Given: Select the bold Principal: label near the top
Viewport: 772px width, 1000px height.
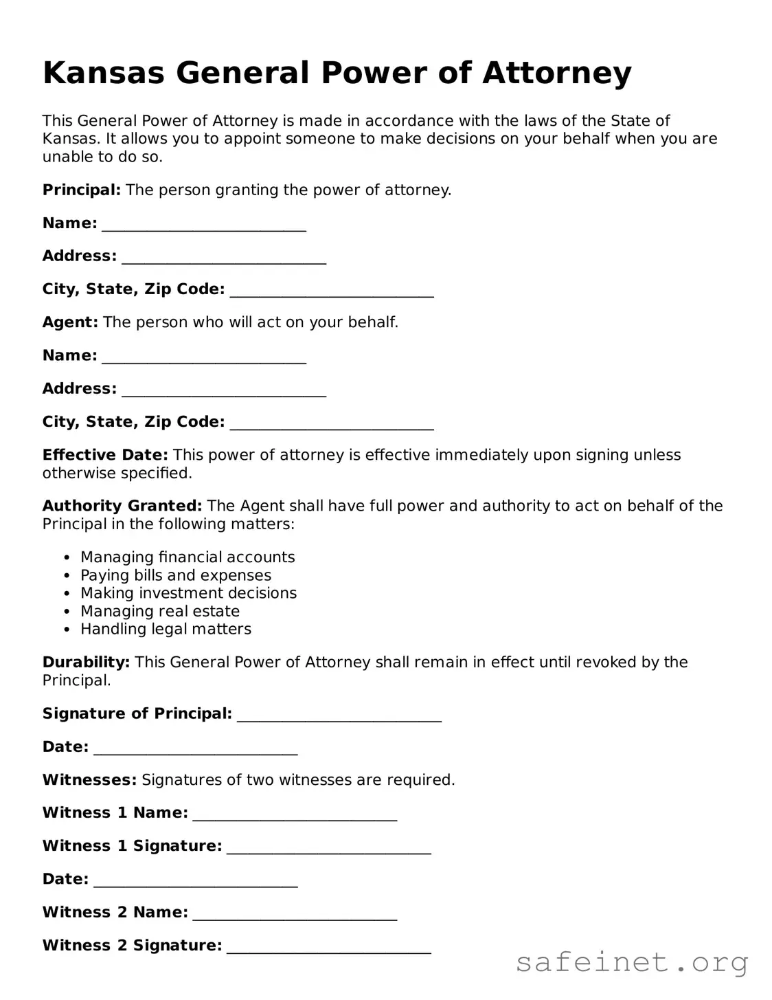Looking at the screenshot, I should pos(82,190).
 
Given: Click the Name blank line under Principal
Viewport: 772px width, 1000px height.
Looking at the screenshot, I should pos(204,227).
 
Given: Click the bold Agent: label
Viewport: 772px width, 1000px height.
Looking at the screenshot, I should pos(70,322).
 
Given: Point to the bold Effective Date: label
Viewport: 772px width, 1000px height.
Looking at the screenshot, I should pos(105,455).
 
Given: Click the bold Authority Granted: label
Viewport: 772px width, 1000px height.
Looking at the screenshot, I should pos(122,506).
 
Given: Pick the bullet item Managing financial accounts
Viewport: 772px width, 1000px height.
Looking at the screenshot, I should pos(188,557).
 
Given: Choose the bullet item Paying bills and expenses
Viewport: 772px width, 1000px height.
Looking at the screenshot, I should pos(176,575).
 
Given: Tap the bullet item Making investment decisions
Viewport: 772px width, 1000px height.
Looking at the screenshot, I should pos(188,593).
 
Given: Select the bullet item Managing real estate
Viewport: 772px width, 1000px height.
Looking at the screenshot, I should pos(160,611).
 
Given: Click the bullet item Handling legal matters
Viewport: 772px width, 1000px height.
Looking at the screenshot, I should pos(166,629).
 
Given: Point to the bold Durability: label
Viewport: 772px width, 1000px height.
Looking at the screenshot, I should pos(86,663).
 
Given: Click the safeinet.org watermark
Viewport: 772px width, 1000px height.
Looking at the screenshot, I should pos(632,962).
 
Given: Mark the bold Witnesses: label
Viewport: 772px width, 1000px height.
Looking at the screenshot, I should pos(89,780).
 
